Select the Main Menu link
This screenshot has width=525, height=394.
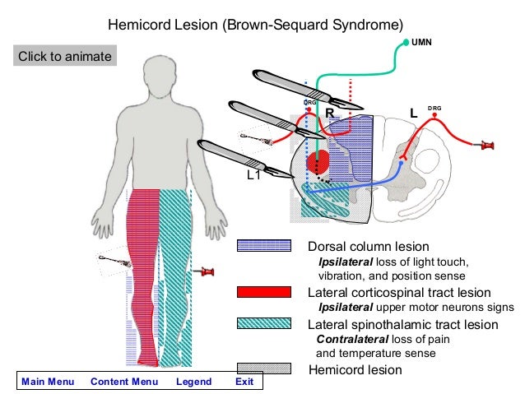click(x=48, y=382)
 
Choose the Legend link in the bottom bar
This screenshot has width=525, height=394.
click(x=193, y=382)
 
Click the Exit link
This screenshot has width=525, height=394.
click(x=244, y=382)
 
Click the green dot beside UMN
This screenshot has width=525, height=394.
click(x=406, y=40)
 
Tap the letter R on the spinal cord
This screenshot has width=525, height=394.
click(x=328, y=112)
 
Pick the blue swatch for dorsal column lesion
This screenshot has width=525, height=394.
click(x=263, y=246)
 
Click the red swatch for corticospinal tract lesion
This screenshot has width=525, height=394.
click(x=263, y=292)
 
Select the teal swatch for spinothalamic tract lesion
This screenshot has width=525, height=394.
click(x=263, y=323)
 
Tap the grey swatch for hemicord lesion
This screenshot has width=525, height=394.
click(x=263, y=369)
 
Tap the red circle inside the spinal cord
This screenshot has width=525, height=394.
click(x=318, y=160)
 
